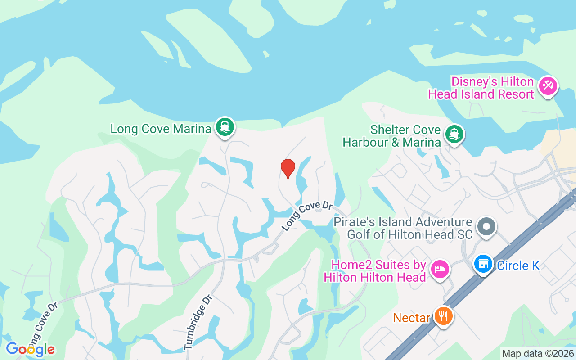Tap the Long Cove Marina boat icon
pyautogui.click(x=225, y=127)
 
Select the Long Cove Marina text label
pyautogui.click(x=161, y=129)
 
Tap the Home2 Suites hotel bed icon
pyautogui.click(x=439, y=269)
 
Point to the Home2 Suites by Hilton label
pyautogui.click(x=374, y=271)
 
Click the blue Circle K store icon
pyautogui.click(x=483, y=264)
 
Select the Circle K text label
pyautogui.click(x=518, y=266)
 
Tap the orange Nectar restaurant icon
pyautogui.click(x=444, y=316)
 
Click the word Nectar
pyautogui.click(x=412, y=318)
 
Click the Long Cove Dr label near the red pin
pyautogui.click(x=307, y=216)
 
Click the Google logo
pyautogui.click(x=30, y=349)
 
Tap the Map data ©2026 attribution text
pyautogui.click(x=538, y=353)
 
